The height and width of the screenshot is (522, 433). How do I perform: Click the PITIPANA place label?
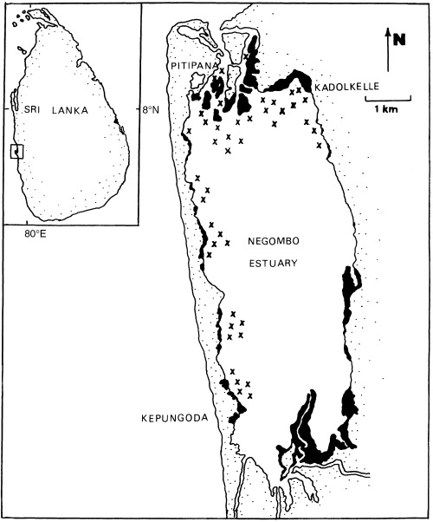(x=186, y=66)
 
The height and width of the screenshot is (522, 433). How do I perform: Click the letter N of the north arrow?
(x=399, y=38)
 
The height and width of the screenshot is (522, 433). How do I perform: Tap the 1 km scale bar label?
(x=386, y=110)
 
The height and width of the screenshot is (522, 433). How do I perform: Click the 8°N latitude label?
(x=151, y=110)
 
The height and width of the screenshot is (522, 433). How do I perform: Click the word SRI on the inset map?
(x=31, y=110)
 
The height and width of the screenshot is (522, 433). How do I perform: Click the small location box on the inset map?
(x=16, y=152)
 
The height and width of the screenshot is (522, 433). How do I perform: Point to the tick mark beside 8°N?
(x=138, y=110)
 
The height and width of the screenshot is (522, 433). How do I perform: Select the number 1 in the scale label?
(x=377, y=110)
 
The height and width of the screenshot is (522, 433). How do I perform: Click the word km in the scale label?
(x=391, y=110)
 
